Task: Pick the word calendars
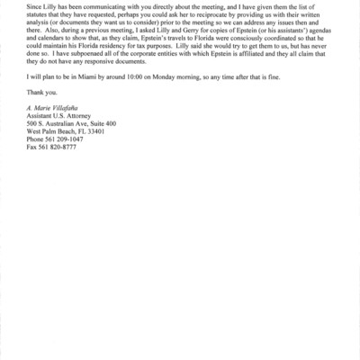55,62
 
